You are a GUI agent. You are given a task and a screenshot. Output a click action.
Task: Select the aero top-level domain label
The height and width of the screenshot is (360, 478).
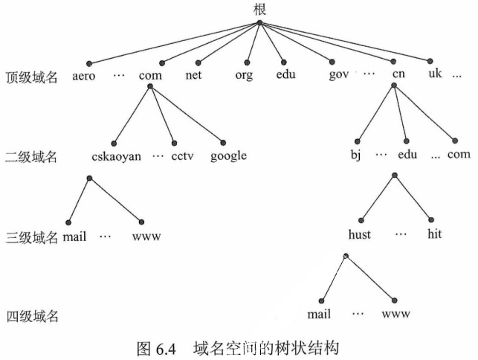85,76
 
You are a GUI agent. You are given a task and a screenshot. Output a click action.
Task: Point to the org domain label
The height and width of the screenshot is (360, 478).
244,76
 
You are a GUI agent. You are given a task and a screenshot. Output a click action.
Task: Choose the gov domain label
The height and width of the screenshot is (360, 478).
338,76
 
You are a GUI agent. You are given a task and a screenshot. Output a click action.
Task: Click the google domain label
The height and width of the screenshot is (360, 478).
228,156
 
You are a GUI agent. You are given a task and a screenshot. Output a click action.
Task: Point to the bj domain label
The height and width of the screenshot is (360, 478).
355,156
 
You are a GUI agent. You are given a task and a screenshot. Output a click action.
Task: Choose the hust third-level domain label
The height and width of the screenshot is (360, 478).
359,234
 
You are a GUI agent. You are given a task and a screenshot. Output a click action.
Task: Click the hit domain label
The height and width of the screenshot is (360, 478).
435,234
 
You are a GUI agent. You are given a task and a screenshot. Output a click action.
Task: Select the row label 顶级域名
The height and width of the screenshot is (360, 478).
31,77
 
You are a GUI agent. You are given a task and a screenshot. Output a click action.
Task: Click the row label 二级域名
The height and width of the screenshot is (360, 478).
31,158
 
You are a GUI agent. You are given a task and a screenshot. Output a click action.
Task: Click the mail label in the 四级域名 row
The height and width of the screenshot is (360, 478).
318,314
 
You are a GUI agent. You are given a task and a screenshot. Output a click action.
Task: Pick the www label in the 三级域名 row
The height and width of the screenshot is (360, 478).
146,237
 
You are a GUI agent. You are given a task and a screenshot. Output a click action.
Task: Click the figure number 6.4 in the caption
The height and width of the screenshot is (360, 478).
167,345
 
